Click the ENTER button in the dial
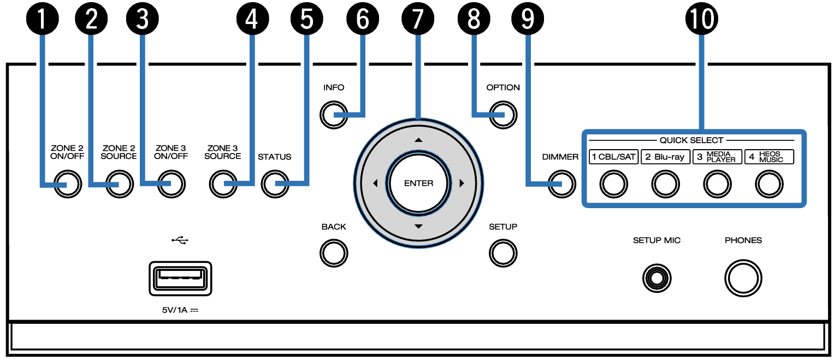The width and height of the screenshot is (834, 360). pyautogui.click(x=419, y=184)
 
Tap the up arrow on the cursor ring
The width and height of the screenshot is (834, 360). pyautogui.click(x=419, y=140)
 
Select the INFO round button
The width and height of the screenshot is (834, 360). pyautogui.click(x=334, y=115)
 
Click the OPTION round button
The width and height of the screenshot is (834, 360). pyautogui.click(x=503, y=115)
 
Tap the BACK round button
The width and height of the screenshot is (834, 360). pyautogui.click(x=334, y=252)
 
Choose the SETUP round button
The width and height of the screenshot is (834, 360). pyautogui.click(x=503, y=252)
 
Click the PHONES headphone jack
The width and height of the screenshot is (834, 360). pyautogui.click(x=743, y=278)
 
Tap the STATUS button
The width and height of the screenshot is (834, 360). pyautogui.click(x=275, y=184)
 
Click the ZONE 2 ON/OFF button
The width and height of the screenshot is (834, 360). pyautogui.click(x=67, y=185)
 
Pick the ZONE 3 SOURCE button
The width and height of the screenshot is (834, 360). pyautogui.click(x=223, y=184)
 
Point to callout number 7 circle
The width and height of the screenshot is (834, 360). pyautogui.click(x=418, y=19)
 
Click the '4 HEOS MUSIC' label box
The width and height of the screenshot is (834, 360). pyautogui.click(x=769, y=157)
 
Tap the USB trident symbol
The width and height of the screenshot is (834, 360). pyautogui.click(x=180, y=240)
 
